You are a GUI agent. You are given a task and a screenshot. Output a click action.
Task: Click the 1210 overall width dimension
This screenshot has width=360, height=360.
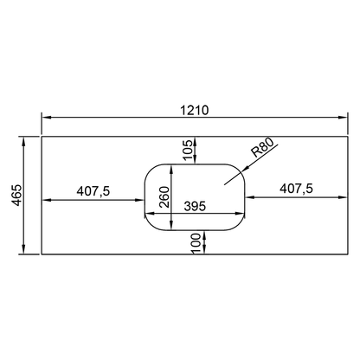coord(194,110)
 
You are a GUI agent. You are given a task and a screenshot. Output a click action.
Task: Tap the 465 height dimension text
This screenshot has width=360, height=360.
coord(18,195)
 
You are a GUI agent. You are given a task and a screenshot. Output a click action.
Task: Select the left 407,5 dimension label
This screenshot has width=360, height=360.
coord(93,191)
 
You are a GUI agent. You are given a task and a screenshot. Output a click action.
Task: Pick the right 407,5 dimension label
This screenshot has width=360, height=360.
coord(296,189)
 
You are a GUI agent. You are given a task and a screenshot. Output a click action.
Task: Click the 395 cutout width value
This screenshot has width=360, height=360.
coord(195,206)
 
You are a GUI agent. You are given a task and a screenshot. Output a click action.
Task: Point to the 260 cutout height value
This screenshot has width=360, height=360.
coord(164,197)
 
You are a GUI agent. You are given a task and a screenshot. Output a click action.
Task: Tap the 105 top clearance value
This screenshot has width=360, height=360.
coord(187,150)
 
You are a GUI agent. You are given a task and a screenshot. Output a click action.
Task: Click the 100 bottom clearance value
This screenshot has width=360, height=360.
coord(196,244)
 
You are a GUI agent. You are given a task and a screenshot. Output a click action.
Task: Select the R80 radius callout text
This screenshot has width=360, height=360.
coord(261,147)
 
